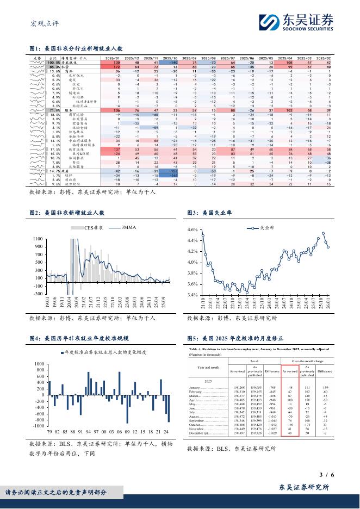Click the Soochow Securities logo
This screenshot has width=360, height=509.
point(296,21)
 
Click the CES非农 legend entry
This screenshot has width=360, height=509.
point(94,227)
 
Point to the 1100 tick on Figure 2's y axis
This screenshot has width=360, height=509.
point(38,239)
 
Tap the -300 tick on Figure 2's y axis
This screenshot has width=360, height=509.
point(38,294)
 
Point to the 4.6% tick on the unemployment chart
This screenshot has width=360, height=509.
point(193,230)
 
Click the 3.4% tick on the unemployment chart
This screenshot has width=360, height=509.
point(193,295)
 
